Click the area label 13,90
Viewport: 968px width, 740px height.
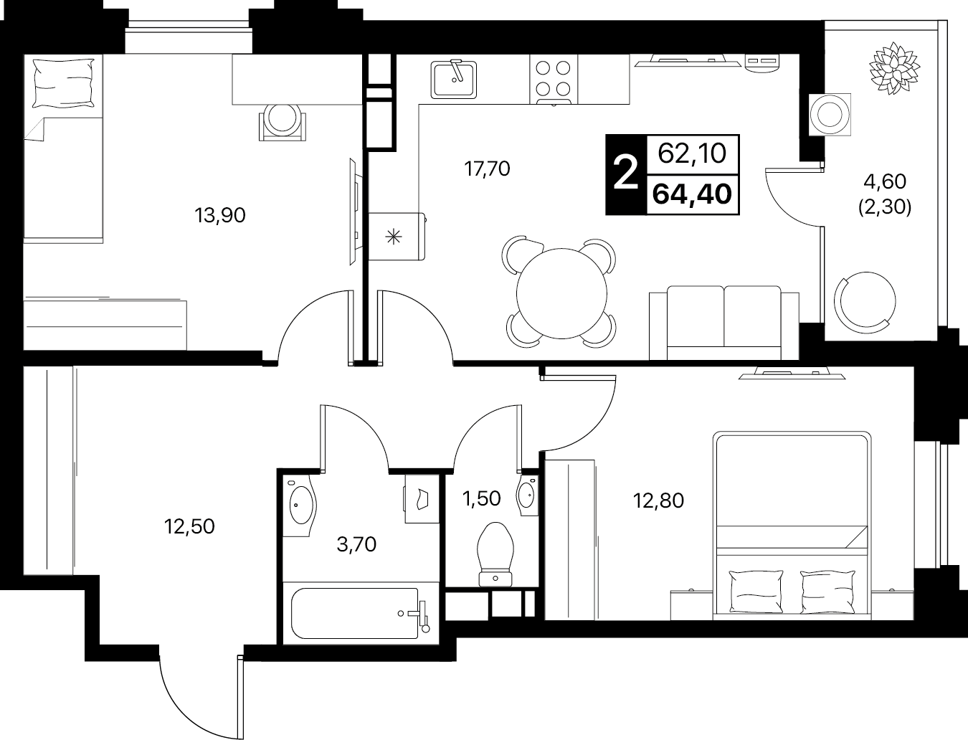[220, 216]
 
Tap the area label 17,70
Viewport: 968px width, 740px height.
[487, 169]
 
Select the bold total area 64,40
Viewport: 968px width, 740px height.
[693, 194]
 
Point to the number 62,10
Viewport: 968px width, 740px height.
[692, 154]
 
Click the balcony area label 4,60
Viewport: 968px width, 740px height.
[885, 181]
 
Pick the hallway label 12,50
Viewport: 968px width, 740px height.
[189, 526]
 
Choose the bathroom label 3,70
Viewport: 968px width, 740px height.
[356, 545]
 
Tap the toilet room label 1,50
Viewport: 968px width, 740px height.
[481, 498]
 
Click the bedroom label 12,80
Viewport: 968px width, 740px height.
[658, 501]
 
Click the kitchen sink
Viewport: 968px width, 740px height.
[454, 80]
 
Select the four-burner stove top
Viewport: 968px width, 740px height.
[554, 80]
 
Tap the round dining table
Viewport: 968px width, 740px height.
[561, 293]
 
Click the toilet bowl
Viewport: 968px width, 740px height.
[495, 554]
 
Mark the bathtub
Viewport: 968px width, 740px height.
[360, 613]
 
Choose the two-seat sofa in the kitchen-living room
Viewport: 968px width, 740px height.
[723, 323]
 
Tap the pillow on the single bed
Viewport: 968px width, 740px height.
[65, 83]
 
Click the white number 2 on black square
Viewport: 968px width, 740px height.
[626, 174]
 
